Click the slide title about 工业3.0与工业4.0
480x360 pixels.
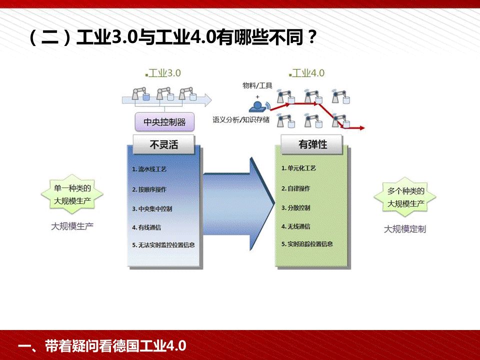pos(172,38)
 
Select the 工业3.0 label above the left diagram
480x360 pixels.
pos(164,73)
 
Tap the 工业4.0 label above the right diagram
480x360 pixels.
pos(307,73)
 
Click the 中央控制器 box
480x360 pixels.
pos(164,121)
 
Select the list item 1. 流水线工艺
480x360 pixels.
pos(149,169)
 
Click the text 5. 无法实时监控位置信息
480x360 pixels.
pos(163,245)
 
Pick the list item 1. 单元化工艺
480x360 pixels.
pos(298,168)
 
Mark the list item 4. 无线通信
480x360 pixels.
pos(295,226)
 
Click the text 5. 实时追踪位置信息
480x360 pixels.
pos(307,244)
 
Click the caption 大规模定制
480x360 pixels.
pos(405,229)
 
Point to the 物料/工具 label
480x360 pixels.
pos(257,86)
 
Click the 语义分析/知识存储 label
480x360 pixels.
pos(241,119)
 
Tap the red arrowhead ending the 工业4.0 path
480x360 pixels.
pos(361,128)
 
